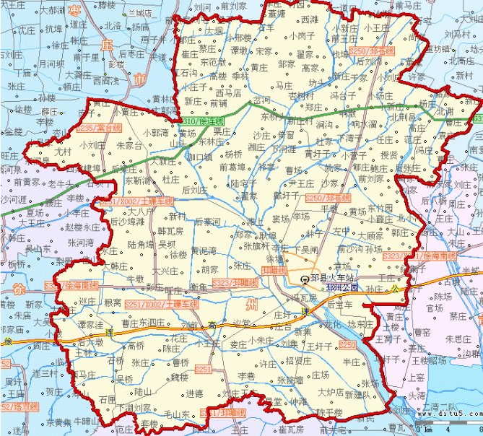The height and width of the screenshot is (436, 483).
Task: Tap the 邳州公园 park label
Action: pos(342,287)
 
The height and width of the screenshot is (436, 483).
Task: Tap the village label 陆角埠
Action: pos(142,244)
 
